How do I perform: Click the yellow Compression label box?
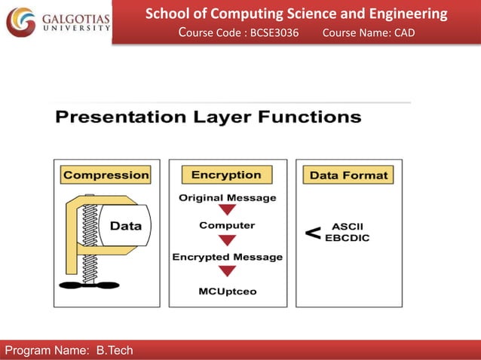[106, 175]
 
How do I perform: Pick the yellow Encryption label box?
[226, 175]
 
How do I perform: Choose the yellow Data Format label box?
[348, 175]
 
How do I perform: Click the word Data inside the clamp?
[126, 225]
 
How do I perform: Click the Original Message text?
[227, 198]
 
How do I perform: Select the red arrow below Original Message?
[227, 211]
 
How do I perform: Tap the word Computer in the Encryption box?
[227, 225]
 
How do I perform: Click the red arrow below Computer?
[227, 240]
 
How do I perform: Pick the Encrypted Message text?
[227, 257]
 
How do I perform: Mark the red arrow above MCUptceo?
[227, 272]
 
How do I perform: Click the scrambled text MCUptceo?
[227, 291]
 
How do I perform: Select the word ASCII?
[348, 226]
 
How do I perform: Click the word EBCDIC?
[348, 237]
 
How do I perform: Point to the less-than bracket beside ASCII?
[313, 233]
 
